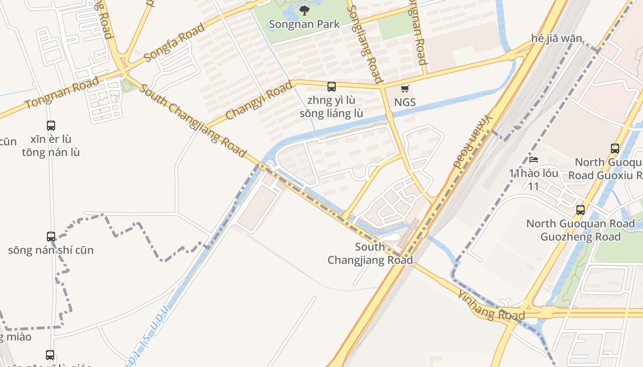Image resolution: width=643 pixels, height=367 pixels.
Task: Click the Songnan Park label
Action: (304, 24)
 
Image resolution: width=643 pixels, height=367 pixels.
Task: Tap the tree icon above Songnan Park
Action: (304, 10)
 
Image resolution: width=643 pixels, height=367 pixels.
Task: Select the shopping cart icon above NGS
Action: (405, 89)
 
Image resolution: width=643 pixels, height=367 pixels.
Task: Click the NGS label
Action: (405, 102)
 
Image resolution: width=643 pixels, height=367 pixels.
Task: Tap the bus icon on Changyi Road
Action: (331, 86)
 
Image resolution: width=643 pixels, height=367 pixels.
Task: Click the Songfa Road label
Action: (174, 43)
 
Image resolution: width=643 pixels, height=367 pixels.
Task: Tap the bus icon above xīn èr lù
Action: (51, 125)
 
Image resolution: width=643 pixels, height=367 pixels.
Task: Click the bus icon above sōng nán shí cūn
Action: (51, 236)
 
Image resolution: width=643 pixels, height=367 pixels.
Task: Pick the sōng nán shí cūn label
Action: (51, 250)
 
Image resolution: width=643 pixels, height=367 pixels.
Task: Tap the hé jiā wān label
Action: (556, 38)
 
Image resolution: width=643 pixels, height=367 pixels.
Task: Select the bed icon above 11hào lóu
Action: (534, 160)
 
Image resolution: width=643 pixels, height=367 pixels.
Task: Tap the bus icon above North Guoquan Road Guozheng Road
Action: (581, 210)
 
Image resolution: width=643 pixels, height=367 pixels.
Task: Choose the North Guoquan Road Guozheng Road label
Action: (581, 230)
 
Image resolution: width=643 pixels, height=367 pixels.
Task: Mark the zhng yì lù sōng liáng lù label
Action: (331, 106)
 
